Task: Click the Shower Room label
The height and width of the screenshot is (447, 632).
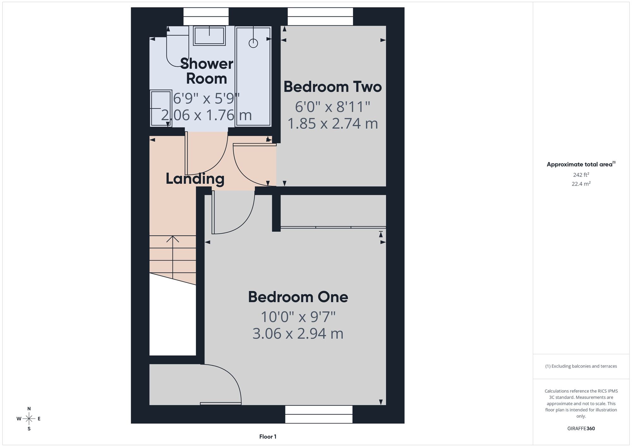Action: (207, 71)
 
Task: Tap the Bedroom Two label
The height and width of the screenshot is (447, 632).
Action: (333, 87)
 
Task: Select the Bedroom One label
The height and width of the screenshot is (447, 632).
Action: (298, 297)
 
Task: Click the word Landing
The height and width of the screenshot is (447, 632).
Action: (195, 179)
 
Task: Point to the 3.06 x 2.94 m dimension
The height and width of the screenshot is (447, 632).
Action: (298, 334)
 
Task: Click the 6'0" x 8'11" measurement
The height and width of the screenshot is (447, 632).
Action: (332, 107)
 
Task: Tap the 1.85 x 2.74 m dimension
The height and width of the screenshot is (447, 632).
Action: (333, 123)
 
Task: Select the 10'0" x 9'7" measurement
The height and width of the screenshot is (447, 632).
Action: (298, 316)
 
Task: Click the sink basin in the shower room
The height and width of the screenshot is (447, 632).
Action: (209, 35)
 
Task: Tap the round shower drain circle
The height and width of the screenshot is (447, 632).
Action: (253, 43)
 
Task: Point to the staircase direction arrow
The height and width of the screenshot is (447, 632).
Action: (173, 257)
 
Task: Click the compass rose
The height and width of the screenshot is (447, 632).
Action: (29, 419)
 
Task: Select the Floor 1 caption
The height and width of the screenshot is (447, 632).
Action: (268, 437)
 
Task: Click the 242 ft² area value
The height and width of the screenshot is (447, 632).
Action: (581, 175)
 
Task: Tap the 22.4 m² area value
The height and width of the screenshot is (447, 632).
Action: (581, 184)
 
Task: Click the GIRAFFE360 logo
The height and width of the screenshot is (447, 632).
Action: (581, 429)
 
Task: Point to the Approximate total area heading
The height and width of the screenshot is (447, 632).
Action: (581, 164)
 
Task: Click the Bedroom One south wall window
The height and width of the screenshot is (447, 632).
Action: (319, 414)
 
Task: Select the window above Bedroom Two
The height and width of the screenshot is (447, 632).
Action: (320, 16)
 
